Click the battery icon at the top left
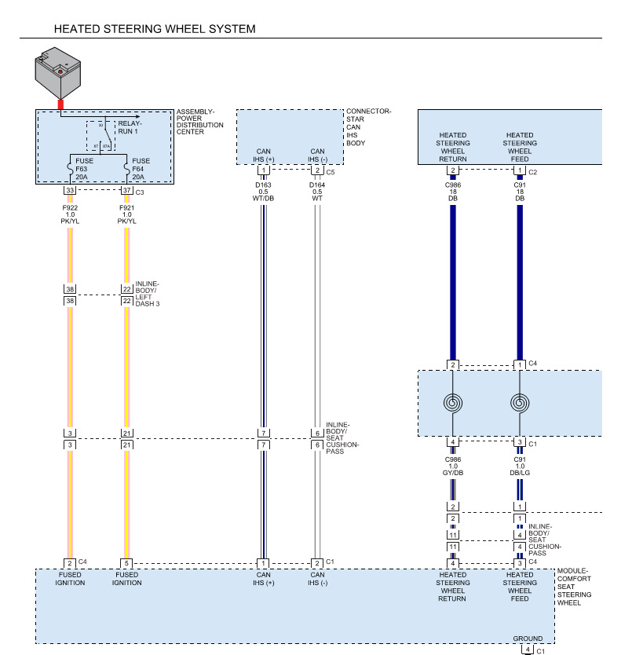click(60, 72)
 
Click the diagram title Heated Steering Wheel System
click(154, 29)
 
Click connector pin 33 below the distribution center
click(70, 191)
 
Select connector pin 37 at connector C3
click(126, 191)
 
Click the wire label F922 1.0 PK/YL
click(70, 214)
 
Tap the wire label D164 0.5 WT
click(317, 192)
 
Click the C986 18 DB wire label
click(452, 192)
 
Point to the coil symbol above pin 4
click(452, 404)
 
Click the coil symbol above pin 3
click(519, 404)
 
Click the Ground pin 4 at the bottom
click(528, 650)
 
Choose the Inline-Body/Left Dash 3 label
click(148, 294)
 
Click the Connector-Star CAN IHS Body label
click(368, 127)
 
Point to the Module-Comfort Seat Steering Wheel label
click(574, 587)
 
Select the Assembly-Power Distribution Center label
click(200, 122)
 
